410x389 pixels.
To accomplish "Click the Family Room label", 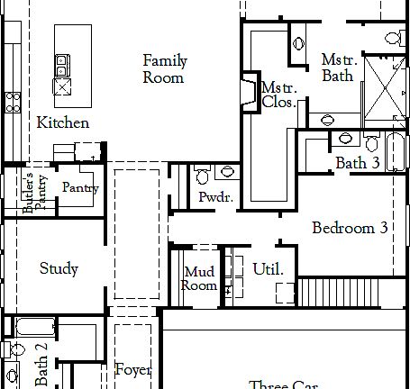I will tap(165, 69).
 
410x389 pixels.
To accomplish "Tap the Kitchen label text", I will tap(62, 122).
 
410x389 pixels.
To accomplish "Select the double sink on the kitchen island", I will tap(62, 65).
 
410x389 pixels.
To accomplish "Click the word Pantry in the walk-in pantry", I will tap(80, 188).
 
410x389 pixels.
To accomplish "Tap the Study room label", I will tap(59, 268).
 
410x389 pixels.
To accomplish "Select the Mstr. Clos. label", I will tap(274, 95).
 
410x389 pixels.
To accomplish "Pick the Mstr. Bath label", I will tap(339, 68).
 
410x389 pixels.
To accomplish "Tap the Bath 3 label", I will tap(357, 163).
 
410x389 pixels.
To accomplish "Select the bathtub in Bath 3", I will tap(397, 153).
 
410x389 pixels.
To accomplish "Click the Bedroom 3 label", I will tap(350, 228).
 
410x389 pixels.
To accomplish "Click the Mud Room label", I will tap(200, 279).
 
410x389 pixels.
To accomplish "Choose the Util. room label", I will tap(268, 269).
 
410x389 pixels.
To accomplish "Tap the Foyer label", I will tap(132, 370).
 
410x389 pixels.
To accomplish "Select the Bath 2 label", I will tap(41, 370).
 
